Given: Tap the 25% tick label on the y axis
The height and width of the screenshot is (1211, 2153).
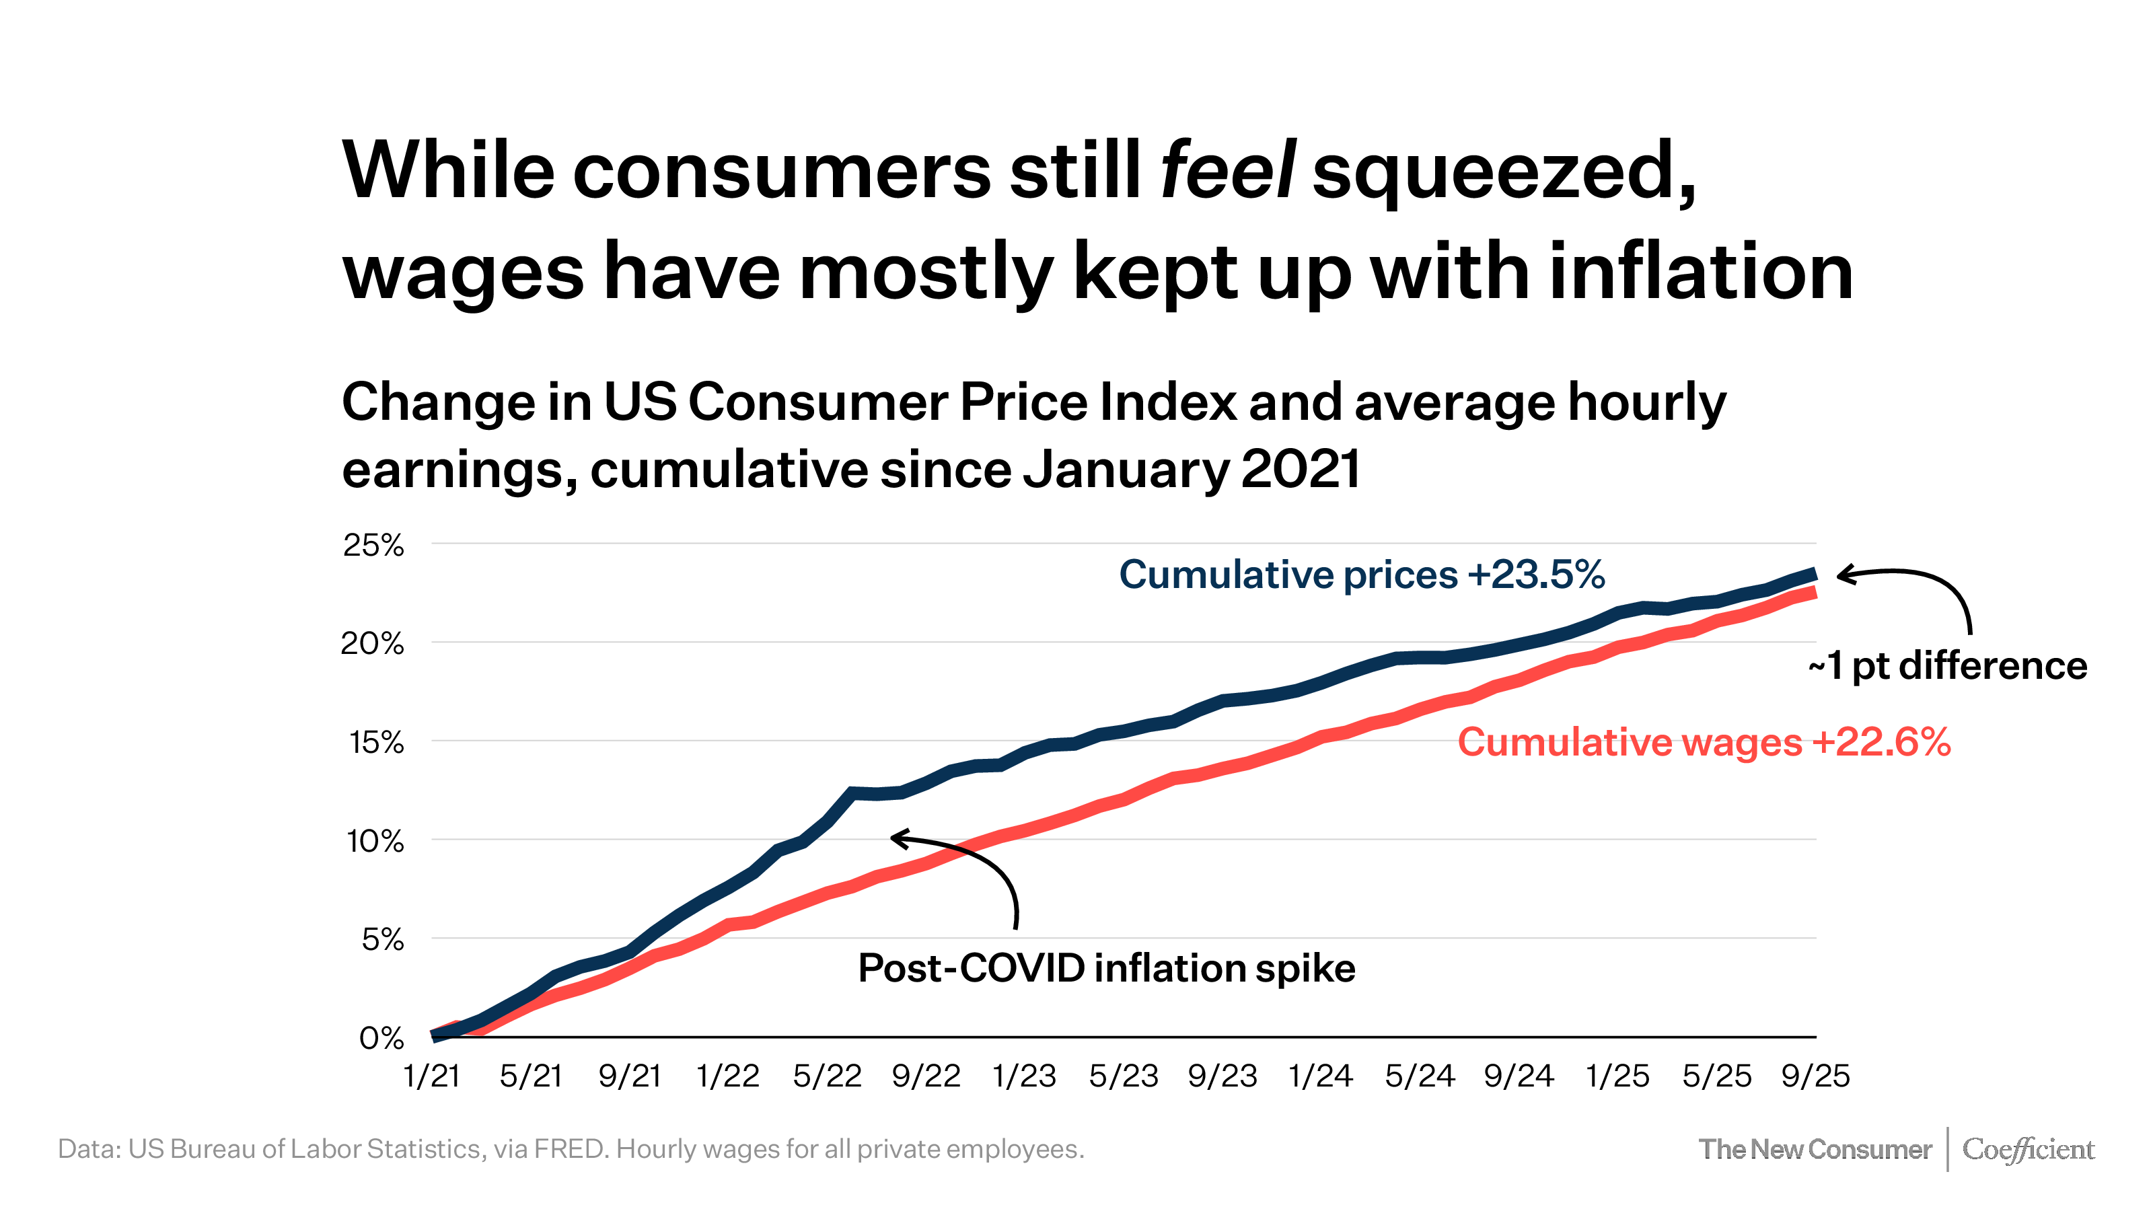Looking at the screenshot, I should click(x=373, y=545).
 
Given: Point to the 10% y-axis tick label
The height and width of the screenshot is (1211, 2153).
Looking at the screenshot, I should click(x=375, y=841).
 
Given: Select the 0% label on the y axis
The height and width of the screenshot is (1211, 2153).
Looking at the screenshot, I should click(x=381, y=1038).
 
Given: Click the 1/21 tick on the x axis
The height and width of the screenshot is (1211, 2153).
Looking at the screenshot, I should click(x=431, y=1076).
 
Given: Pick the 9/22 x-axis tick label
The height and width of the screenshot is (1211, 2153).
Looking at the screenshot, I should click(x=926, y=1076).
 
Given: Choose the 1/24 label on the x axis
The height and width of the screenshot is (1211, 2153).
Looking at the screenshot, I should click(x=1321, y=1076).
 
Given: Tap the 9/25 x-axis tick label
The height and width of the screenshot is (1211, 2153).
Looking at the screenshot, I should click(x=1815, y=1076).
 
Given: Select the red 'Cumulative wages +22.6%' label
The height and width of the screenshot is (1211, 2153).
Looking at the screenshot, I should click(x=1704, y=742).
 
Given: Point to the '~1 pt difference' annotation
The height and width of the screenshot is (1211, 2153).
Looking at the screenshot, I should click(x=1947, y=666).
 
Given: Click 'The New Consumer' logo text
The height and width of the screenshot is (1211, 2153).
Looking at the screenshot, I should click(x=1815, y=1149).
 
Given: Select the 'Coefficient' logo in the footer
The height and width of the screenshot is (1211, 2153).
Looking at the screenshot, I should click(x=2028, y=1149).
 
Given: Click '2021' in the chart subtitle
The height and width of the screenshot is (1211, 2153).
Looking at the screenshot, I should click(x=1301, y=470).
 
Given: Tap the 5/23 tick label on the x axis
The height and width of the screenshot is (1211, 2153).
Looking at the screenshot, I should click(x=1124, y=1076).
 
